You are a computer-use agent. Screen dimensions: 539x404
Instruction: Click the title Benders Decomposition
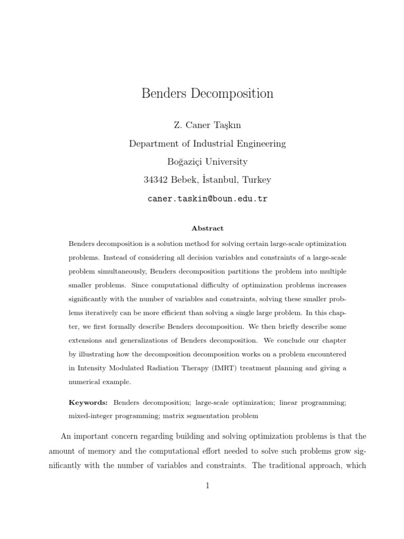[207, 94]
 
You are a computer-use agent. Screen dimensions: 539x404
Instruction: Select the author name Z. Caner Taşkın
[207, 125]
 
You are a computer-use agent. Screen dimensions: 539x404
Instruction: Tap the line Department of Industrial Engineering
[207, 143]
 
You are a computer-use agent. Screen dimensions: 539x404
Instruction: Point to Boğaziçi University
[207, 162]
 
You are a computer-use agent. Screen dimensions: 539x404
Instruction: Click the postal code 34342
[156, 180]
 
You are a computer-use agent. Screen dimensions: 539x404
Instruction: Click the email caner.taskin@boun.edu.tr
[207, 199]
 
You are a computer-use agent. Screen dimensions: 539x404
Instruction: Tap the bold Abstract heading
[207, 228]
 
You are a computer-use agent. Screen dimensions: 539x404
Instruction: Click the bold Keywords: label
[88, 402]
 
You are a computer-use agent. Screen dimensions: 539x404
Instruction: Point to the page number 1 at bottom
[208, 486]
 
